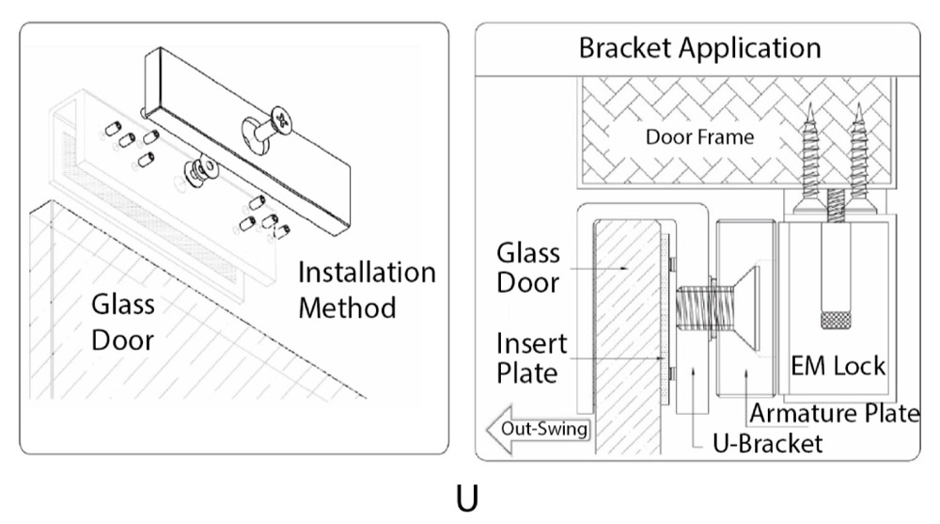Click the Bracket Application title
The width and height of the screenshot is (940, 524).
point(699,48)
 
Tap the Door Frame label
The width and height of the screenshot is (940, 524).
point(699,137)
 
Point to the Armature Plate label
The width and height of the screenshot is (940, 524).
point(832,413)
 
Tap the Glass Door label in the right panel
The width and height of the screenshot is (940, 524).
point(527,267)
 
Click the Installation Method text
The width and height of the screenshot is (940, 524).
point(367,290)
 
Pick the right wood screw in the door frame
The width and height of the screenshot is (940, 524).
point(861,160)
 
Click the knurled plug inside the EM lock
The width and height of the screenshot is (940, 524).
point(834,320)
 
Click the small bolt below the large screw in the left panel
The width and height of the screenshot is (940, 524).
point(200,172)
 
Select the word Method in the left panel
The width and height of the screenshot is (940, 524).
point(348,308)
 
